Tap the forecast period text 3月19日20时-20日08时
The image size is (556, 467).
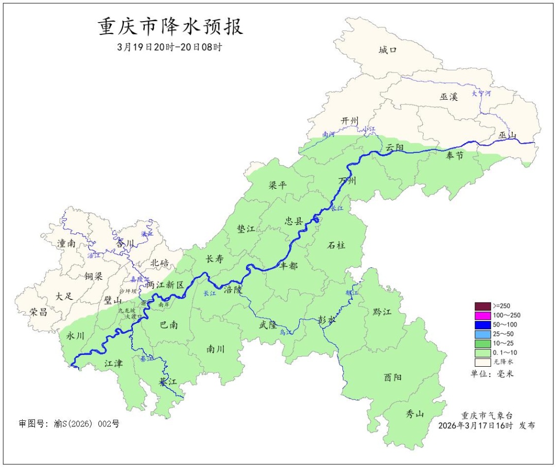(x=170, y=47)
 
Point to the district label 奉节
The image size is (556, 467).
(x=455, y=156)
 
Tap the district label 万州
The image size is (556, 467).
(x=347, y=181)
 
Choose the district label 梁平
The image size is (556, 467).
(x=277, y=185)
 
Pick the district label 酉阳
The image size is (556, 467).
(x=393, y=377)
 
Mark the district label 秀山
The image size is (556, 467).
(x=414, y=413)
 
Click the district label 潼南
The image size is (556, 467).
(x=66, y=243)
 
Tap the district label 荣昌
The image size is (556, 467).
(x=38, y=312)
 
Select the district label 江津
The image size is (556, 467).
(x=113, y=364)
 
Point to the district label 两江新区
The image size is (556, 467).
(x=165, y=285)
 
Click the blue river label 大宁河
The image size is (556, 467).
(x=481, y=94)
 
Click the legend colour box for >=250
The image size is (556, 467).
(x=482, y=306)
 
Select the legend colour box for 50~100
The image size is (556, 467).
(x=482, y=325)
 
